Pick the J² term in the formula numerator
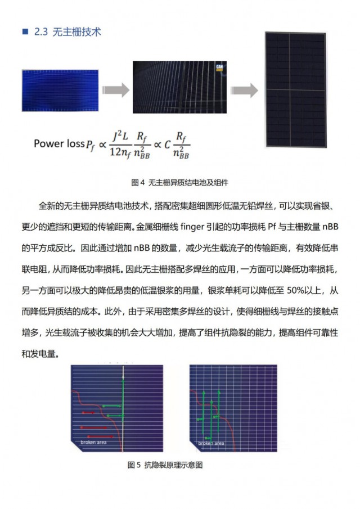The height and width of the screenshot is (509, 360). click(x=117, y=136)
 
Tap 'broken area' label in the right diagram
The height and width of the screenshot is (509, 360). click(x=211, y=443)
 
